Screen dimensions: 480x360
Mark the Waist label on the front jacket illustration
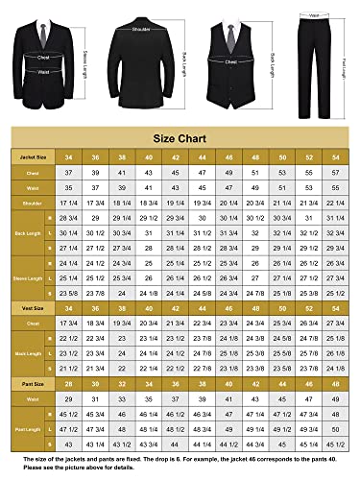click(x=44, y=69)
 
